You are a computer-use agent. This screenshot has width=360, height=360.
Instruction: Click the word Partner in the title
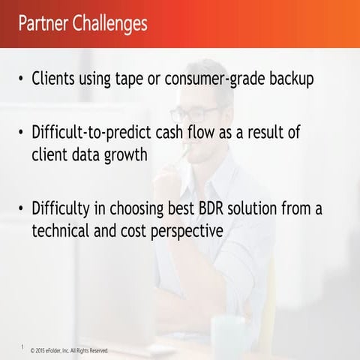point(43,23)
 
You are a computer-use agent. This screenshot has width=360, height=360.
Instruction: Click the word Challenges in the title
point(111,23)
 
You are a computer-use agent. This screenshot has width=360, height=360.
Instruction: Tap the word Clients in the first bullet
point(57,79)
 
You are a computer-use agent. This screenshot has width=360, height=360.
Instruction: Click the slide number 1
point(23,346)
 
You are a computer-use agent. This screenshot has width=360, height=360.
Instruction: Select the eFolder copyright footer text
point(69,350)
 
